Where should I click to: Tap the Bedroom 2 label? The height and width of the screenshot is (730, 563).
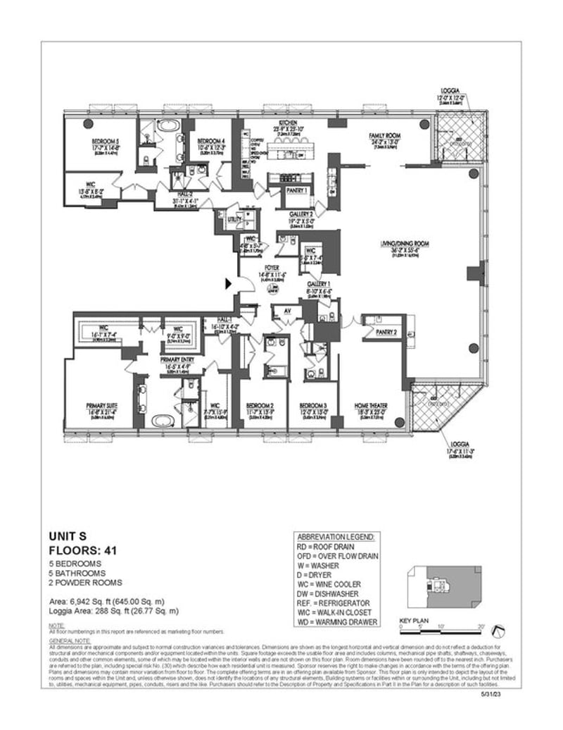pyautogui.click(x=260, y=405)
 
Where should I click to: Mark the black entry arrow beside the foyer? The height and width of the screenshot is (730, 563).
pyautogui.click(x=228, y=284)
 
